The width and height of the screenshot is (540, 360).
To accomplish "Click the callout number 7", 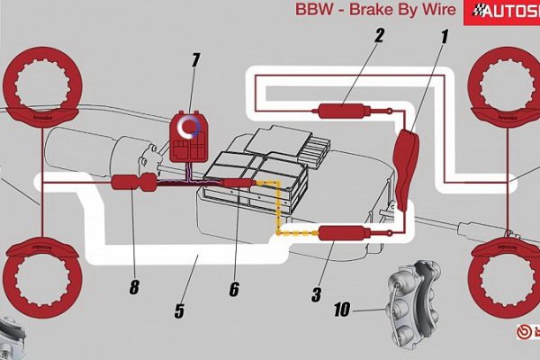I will click(195, 61).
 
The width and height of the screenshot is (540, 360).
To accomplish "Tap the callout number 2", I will click(379, 36).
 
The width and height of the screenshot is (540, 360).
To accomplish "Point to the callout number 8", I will click(134, 288).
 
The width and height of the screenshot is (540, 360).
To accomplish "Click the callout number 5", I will click(179, 311).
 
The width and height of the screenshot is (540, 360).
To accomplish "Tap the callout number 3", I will click(316, 294).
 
